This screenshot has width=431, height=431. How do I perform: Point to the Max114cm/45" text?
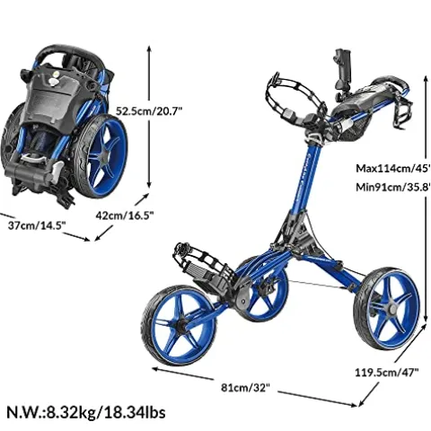393,169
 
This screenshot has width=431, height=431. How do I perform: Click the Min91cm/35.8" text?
393,188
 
